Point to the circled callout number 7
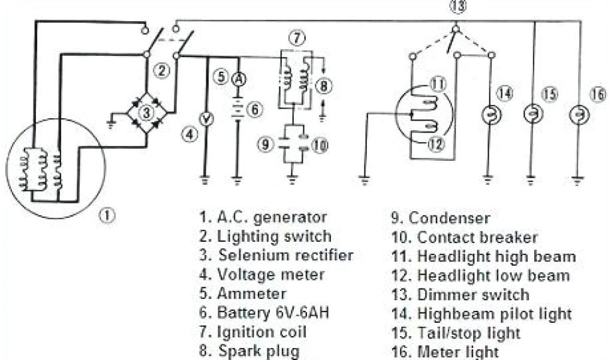(x=295, y=38)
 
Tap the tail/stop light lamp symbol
(x=531, y=114)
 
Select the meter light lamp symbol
(x=578, y=114)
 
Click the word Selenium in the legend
(x=248, y=255)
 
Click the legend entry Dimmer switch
(x=474, y=295)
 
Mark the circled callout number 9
(x=265, y=144)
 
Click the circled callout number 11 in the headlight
(x=438, y=85)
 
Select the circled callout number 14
(x=505, y=94)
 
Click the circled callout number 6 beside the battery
(x=255, y=110)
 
